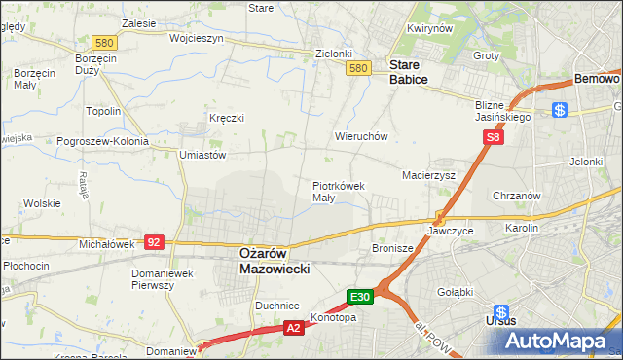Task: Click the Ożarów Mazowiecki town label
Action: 275,259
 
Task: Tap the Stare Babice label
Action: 409,72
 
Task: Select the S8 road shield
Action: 495,139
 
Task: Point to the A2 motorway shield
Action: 294,330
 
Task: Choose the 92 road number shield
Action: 153,240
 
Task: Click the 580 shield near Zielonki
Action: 358,68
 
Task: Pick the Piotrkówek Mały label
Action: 338,191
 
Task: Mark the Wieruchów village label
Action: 362,137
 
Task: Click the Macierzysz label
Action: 429,175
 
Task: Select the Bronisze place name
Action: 393,249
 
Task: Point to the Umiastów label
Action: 202,155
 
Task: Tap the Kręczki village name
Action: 226,118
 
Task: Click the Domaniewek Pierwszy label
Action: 165,279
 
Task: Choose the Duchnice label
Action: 276,306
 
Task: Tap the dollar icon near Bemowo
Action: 560,110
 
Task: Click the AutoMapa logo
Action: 555,341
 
